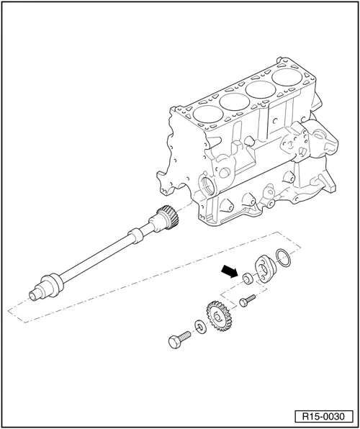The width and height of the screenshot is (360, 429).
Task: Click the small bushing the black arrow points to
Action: (247, 278)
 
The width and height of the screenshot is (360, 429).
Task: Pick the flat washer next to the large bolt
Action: (198, 326)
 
